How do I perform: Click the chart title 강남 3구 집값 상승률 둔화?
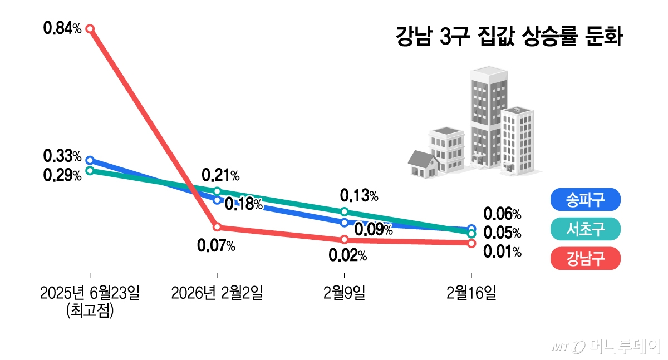508,38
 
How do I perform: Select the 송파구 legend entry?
584,200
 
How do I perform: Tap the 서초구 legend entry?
584,229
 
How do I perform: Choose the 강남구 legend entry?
584,258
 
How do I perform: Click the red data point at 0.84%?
90,28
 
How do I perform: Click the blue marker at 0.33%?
90,160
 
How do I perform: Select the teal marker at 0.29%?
90,171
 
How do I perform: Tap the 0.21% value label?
220,176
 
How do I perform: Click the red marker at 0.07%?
217,227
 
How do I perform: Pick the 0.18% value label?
243,204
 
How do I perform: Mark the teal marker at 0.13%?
344,211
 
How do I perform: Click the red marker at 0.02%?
344,239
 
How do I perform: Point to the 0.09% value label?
374,229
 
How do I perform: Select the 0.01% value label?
502,252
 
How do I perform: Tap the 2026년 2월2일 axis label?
217,293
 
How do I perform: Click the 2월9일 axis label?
344,293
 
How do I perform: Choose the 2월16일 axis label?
471,293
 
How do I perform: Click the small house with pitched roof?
422,165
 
